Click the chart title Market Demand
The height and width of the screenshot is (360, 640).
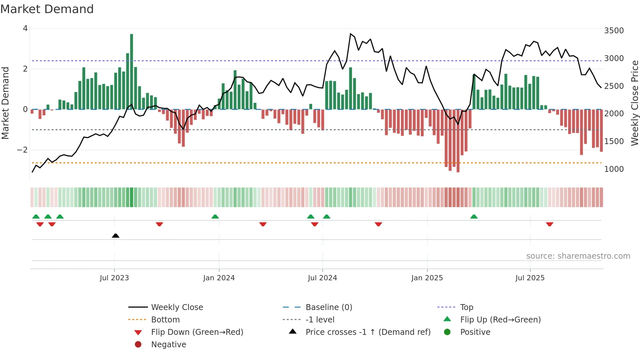47,9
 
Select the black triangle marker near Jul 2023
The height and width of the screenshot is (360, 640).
116,236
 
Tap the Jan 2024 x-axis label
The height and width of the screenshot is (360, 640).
219,278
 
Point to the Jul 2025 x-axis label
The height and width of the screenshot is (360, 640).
530,278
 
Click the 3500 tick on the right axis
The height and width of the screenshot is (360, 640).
614,31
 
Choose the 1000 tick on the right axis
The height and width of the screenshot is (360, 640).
614,169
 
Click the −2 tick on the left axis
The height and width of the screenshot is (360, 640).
23,150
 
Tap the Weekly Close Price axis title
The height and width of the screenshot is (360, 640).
634,103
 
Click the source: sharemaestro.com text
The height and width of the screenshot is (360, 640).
578,256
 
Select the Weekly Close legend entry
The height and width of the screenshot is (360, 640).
177,307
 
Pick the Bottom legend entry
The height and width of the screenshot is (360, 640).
165,320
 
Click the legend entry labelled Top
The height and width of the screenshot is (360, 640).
466,307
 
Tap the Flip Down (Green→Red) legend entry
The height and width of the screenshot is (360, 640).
197,332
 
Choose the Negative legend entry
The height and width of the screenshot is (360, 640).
168,345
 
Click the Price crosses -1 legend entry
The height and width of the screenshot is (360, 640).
368,332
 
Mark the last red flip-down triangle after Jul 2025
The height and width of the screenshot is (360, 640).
550,224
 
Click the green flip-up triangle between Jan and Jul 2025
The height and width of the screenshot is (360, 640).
474,217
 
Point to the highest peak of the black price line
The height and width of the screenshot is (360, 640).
350,34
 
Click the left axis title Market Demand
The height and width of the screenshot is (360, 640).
5,103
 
